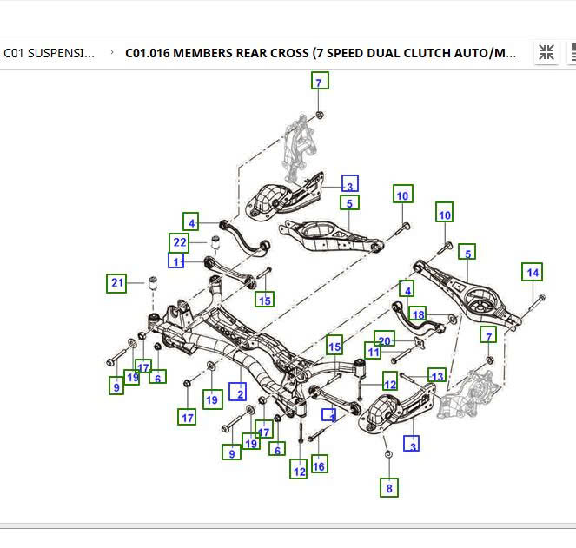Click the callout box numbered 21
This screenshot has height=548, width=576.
click(x=116, y=282)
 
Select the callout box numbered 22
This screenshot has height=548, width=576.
click(x=179, y=242)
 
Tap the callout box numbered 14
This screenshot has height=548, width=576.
click(x=533, y=273)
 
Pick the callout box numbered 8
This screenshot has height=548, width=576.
click(x=389, y=488)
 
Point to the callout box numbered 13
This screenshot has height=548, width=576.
click(x=436, y=376)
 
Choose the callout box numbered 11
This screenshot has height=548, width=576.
click(x=374, y=353)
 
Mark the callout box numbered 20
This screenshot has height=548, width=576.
click(x=385, y=340)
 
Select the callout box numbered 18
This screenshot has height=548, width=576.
click(x=418, y=314)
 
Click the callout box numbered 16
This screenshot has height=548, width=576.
click(x=319, y=466)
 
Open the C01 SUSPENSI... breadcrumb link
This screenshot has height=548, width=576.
click(x=50, y=53)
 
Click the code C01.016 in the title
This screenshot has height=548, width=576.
click(x=148, y=53)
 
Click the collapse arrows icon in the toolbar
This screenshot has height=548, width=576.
click(x=546, y=53)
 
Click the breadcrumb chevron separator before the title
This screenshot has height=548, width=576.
click(x=112, y=53)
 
